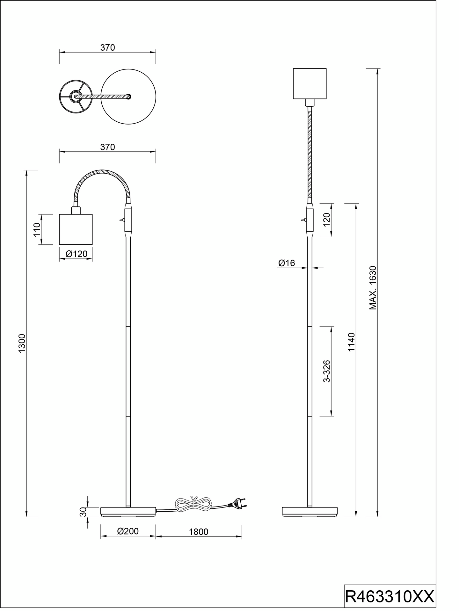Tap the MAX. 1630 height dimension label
(x=373, y=288)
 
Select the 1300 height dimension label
(x=22, y=343)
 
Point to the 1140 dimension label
(x=351, y=342)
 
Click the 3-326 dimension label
(x=326, y=371)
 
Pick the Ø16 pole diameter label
(x=287, y=263)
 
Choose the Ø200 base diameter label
(x=128, y=531)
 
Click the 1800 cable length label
(x=198, y=532)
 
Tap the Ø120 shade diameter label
(x=76, y=254)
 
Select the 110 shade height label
(x=37, y=229)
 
